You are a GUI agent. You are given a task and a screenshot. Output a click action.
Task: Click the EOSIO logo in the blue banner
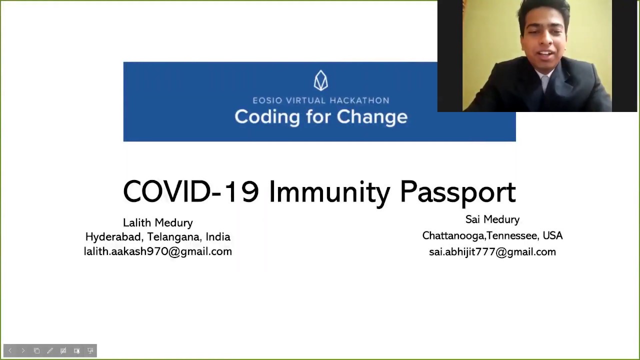pyautogui.click(x=321, y=80)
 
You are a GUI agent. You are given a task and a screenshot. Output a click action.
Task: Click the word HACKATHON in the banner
pyautogui.click(x=359, y=100)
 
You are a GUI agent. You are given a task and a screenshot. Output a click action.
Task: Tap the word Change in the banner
pyautogui.click(x=372, y=117)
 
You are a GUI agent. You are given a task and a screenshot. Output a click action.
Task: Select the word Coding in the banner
pyautogui.click(x=267, y=117)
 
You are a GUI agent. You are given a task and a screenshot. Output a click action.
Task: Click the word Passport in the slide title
pyautogui.click(x=458, y=192)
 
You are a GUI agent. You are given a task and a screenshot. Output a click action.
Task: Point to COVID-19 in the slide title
pyautogui.click(x=191, y=191)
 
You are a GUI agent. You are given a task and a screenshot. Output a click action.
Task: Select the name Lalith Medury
pyautogui.click(x=158, y=223)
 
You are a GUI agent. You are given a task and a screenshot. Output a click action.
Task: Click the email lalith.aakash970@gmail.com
pyautogui.click(x=158, y=251)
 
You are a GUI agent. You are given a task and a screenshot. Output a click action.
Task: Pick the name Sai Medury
pyautogui.click(x=492, y=219)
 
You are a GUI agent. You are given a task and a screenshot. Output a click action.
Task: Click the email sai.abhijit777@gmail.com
pyautogui.click(x=492, y=252)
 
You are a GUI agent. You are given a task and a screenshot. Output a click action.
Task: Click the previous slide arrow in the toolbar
pyautogui.click(x=10, y=350)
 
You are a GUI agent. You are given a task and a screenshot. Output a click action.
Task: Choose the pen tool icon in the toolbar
pyautogui.click(x=50, y=350)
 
